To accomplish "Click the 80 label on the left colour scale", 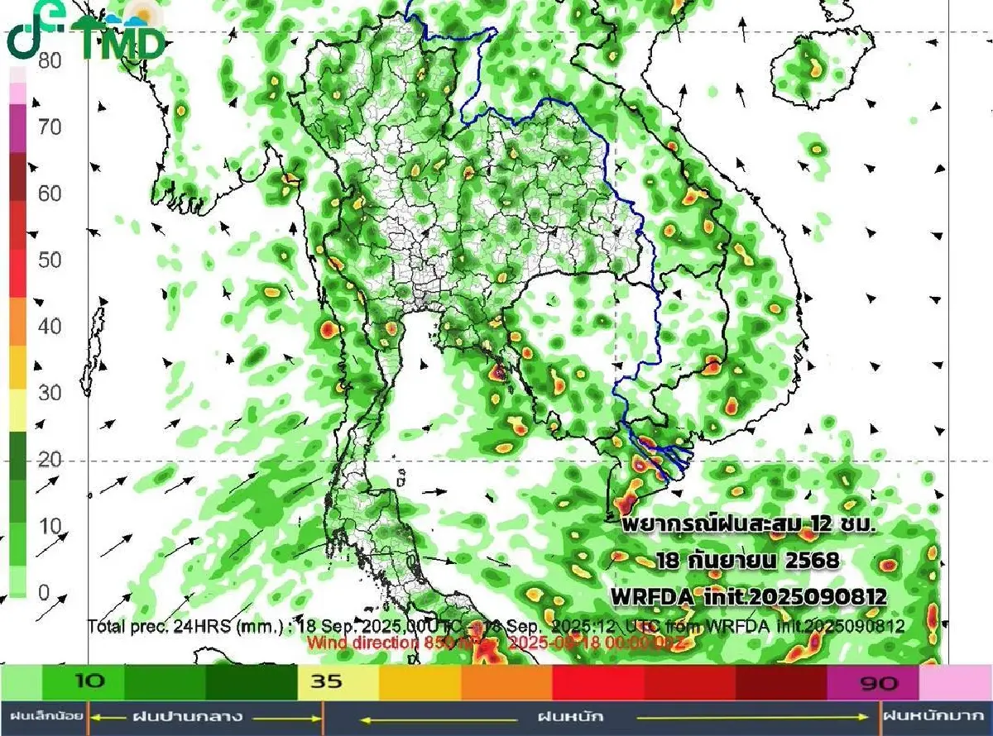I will click(50, 61).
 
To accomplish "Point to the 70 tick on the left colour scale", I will click(50, 127).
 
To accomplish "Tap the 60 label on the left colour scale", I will click(50, 194).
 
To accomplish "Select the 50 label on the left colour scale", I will click(50, 260).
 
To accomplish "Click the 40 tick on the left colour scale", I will click(50, 326).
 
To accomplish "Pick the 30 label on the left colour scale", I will click(50, 392).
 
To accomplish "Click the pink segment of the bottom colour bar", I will click(955, 683).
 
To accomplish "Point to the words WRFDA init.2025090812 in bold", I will click(748, 595).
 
